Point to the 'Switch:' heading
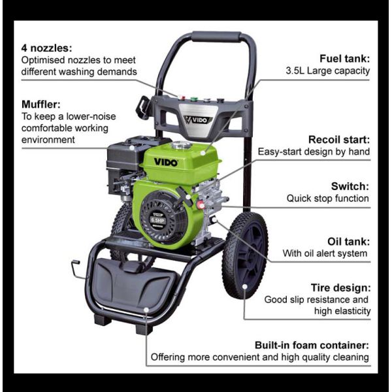click(351, 186)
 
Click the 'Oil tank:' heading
click(346, 240)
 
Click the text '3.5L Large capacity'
click(328, 71)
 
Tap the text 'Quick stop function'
click(327, 198)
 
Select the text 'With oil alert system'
click(325, 253)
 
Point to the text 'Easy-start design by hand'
click(314, 152)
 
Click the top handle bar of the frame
click(216, 38)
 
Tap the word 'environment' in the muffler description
click(48, 140)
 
